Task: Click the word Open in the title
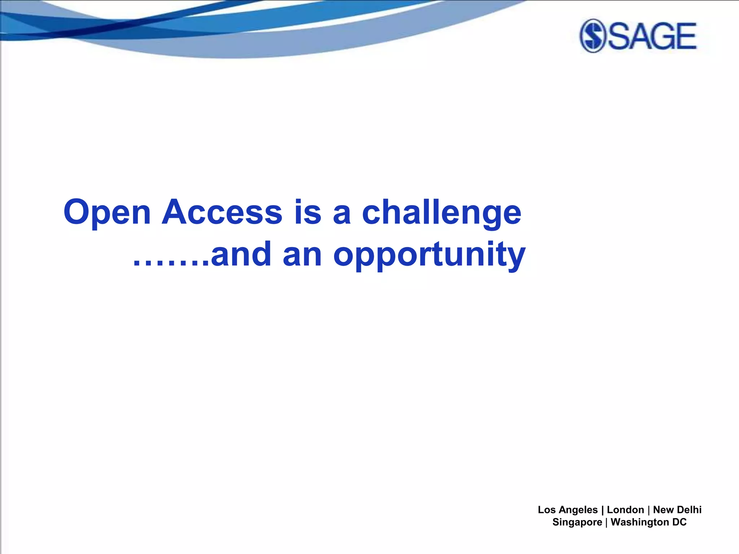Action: (107, 213)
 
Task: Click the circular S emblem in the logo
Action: (592, 36)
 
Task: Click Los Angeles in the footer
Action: (568, 510)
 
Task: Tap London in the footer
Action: (625, 510)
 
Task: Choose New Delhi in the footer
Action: (677, 510)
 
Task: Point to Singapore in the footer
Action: (577, 522)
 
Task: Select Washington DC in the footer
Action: (648, 522)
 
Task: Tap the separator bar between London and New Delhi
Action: (649, 510)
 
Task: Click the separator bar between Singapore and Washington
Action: (607, 522)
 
